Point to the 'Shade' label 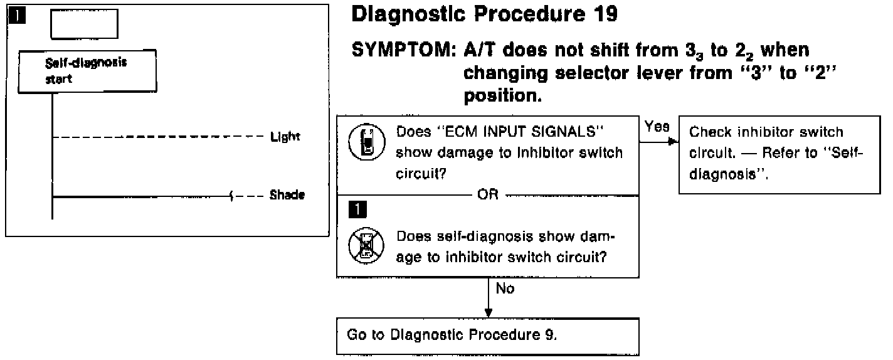pyautogui.click(x=287, y=195)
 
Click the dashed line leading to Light pyautogui.click(x=157, y=136)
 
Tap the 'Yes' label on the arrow pyautogui.click(x=654, y=127)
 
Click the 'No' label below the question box pyautogui.click(x=505, y=290)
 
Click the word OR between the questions pyautogui.click(x=488, y=194)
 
